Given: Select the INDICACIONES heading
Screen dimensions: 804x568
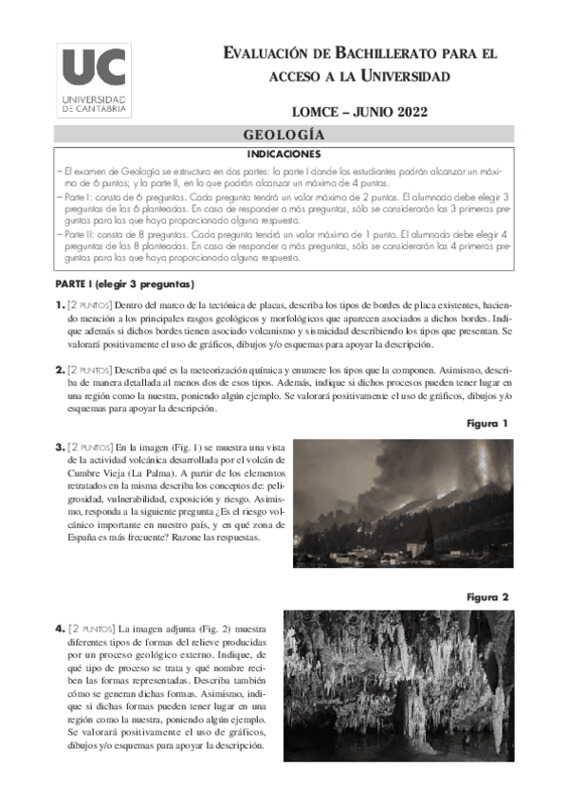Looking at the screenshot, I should pos(284,153).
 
